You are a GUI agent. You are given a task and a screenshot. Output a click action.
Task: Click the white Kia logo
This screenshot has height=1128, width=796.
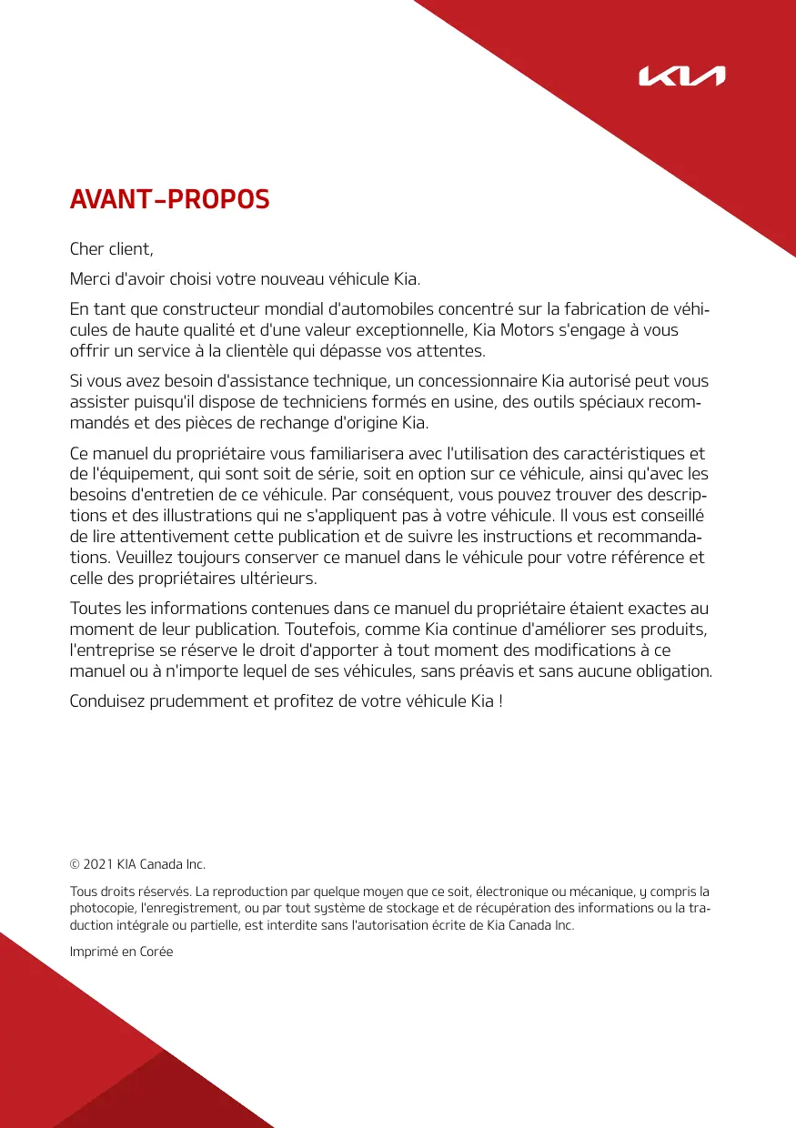tap(681, 76)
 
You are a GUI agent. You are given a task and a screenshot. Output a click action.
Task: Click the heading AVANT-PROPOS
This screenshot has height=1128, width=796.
tap(170, 200)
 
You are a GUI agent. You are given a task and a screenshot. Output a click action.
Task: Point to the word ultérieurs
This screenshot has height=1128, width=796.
tap(282, 579)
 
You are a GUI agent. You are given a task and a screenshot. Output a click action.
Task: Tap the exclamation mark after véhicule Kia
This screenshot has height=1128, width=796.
tap(500, 702)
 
